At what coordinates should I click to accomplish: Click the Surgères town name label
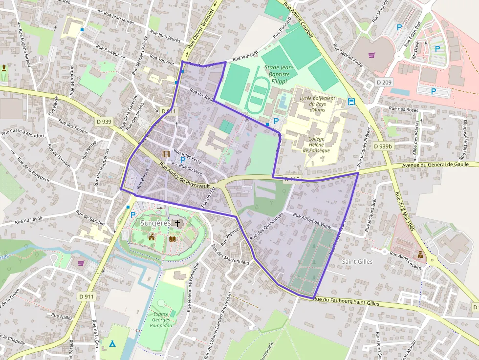[x=155, y=223]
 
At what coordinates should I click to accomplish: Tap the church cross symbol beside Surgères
[x=177, y=224]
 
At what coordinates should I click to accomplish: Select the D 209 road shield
[x=384, y=83]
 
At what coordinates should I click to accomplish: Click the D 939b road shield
[x=383, y=146]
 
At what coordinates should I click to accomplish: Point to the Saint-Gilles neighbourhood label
[x=357, y=262]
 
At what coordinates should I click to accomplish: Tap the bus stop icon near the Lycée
[x=351, y=102]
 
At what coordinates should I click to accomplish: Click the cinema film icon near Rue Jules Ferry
[x=166, y=154]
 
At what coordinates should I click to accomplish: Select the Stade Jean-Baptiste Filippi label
[x=278, y=74]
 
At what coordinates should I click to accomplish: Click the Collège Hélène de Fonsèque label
[x=316, y=144]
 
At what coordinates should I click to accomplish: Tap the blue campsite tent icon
[x=113, y=343]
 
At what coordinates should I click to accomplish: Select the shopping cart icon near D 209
[x=371, y=55]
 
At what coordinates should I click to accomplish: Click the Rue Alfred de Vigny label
[x=312, y=221]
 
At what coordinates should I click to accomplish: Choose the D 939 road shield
[x=104, y=122]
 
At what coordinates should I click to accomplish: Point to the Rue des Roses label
[x=402, y=109]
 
